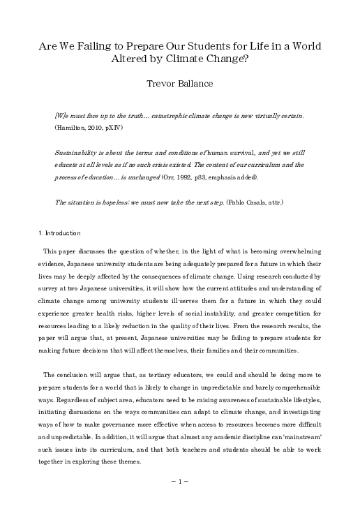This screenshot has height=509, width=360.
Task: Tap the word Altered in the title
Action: click(x=129, y=60)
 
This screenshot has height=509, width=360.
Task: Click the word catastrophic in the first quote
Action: click(x=160, y=115)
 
